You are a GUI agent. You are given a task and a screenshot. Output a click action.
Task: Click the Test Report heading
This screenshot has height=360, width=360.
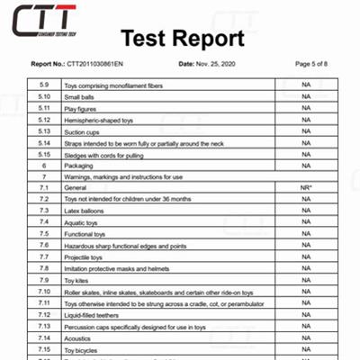(183, 39)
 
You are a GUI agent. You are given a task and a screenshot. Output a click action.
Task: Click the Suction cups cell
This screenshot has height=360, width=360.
(83, 130)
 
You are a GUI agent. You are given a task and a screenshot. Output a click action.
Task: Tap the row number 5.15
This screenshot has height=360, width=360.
(43, 154)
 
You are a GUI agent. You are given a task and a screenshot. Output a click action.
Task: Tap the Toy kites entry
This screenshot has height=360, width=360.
(78, 280)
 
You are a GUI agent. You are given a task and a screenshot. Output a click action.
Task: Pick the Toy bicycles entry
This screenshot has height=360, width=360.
(83, 348)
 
